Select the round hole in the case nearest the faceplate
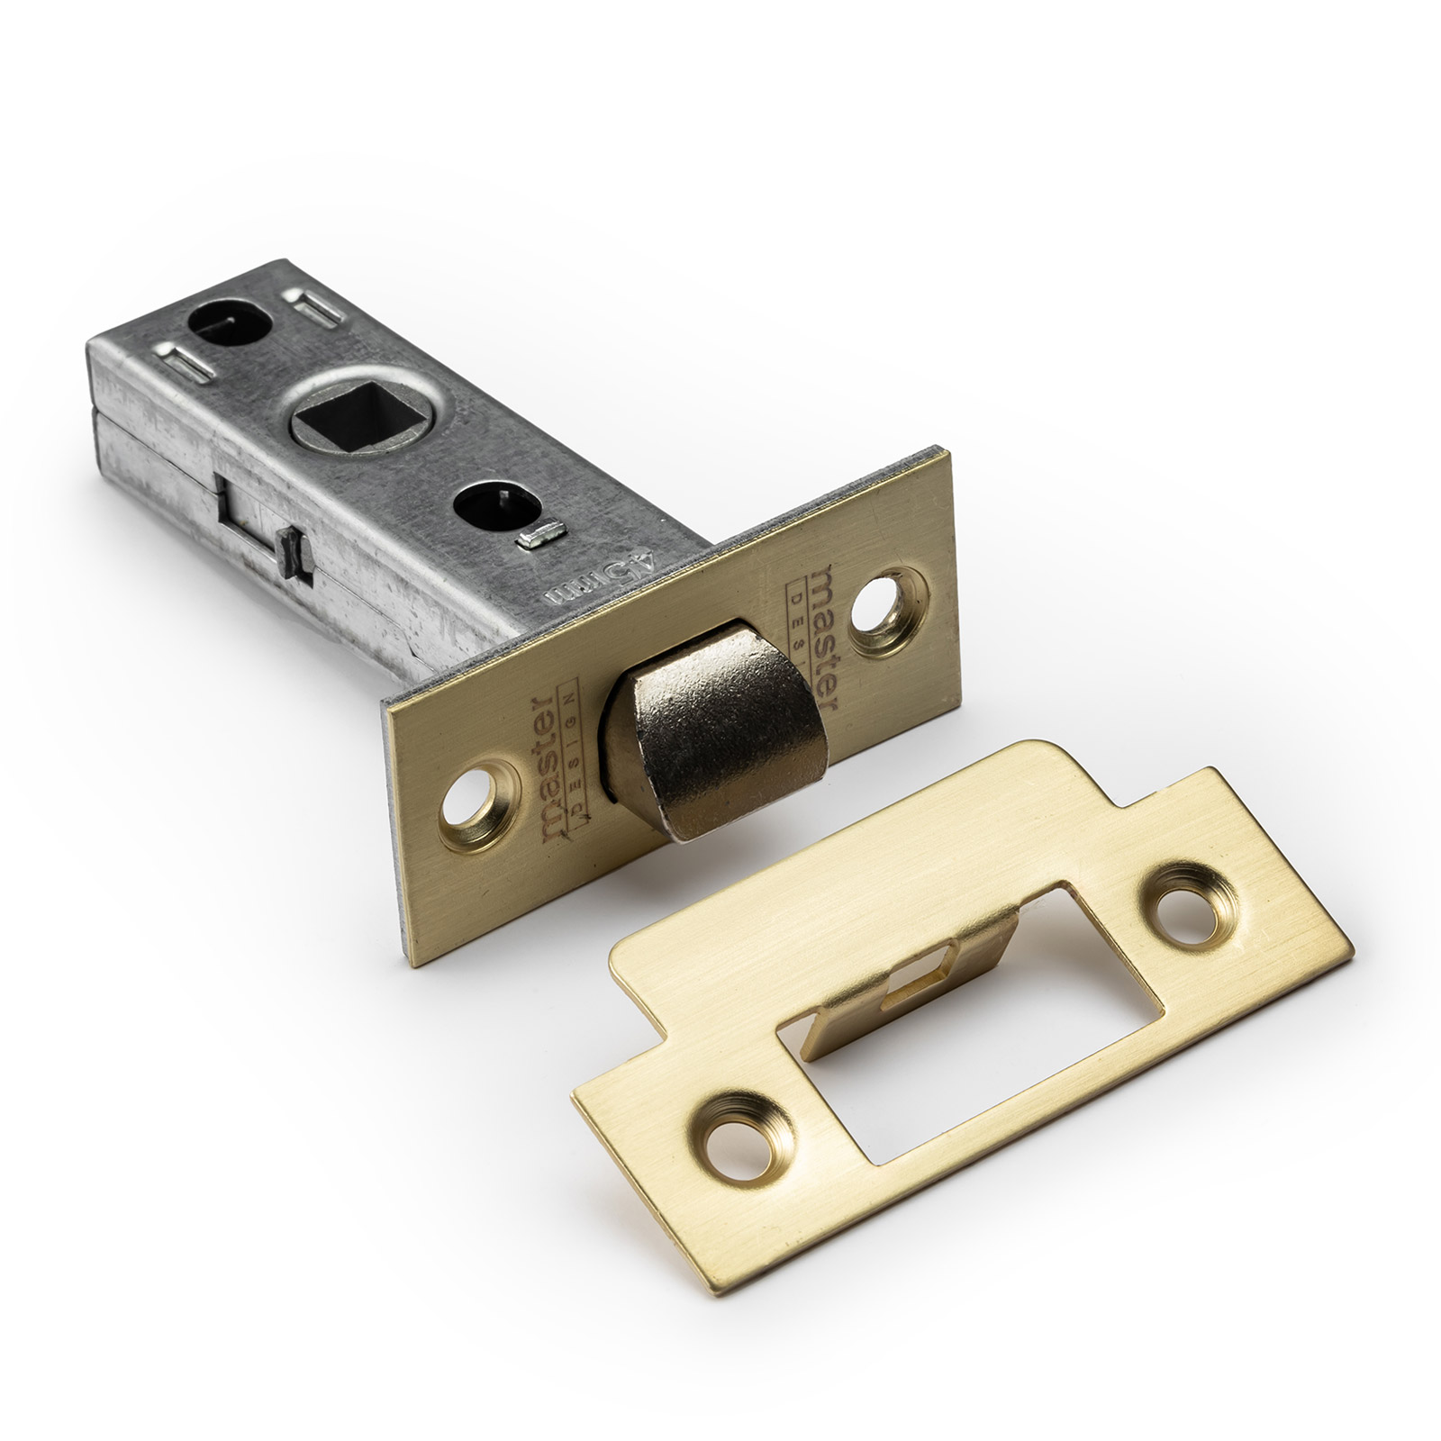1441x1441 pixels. point(494,510)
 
